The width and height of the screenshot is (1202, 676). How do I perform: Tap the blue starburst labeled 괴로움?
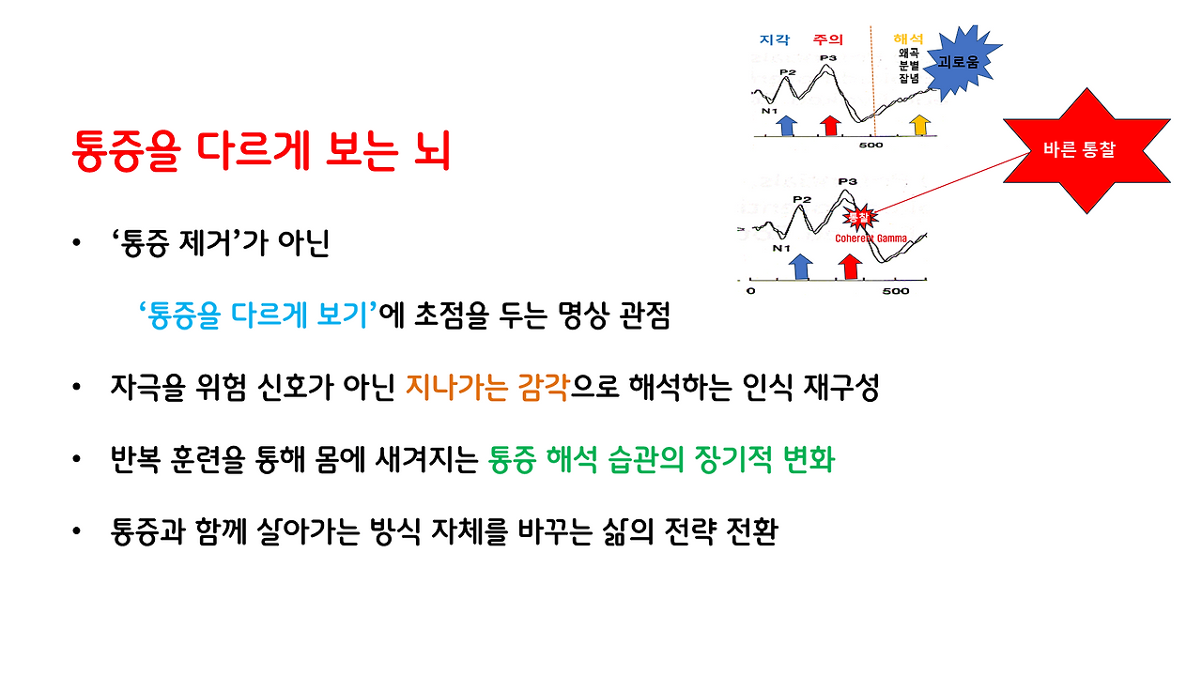pos(957,62)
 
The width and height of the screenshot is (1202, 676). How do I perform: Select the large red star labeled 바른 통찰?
pos(1086,150)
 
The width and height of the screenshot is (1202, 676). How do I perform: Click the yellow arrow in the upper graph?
pos(920,124)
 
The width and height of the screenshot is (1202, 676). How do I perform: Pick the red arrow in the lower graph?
pos(851,266)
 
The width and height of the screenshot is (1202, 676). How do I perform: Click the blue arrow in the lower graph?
pos(800,266)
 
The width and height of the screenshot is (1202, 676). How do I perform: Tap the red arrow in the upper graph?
pos(829,124)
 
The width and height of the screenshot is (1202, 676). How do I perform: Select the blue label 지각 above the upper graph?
pos(774,40)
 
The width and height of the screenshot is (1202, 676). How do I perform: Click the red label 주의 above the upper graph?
pos(827,40)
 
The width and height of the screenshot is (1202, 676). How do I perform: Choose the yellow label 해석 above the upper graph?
pos(908,39)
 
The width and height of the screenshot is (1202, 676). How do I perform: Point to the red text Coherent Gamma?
pos(871,238)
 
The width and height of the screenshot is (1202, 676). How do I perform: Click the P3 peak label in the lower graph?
pos(847,182)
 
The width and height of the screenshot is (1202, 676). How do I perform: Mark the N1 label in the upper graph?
pos(769,111)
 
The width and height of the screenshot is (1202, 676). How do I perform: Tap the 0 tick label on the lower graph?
pos(749,291)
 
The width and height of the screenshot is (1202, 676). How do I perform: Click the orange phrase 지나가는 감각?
pos(487,388)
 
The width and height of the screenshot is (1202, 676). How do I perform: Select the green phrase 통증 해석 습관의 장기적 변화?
pos(661,460)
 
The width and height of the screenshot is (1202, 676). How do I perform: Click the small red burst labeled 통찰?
pos(858,217)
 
